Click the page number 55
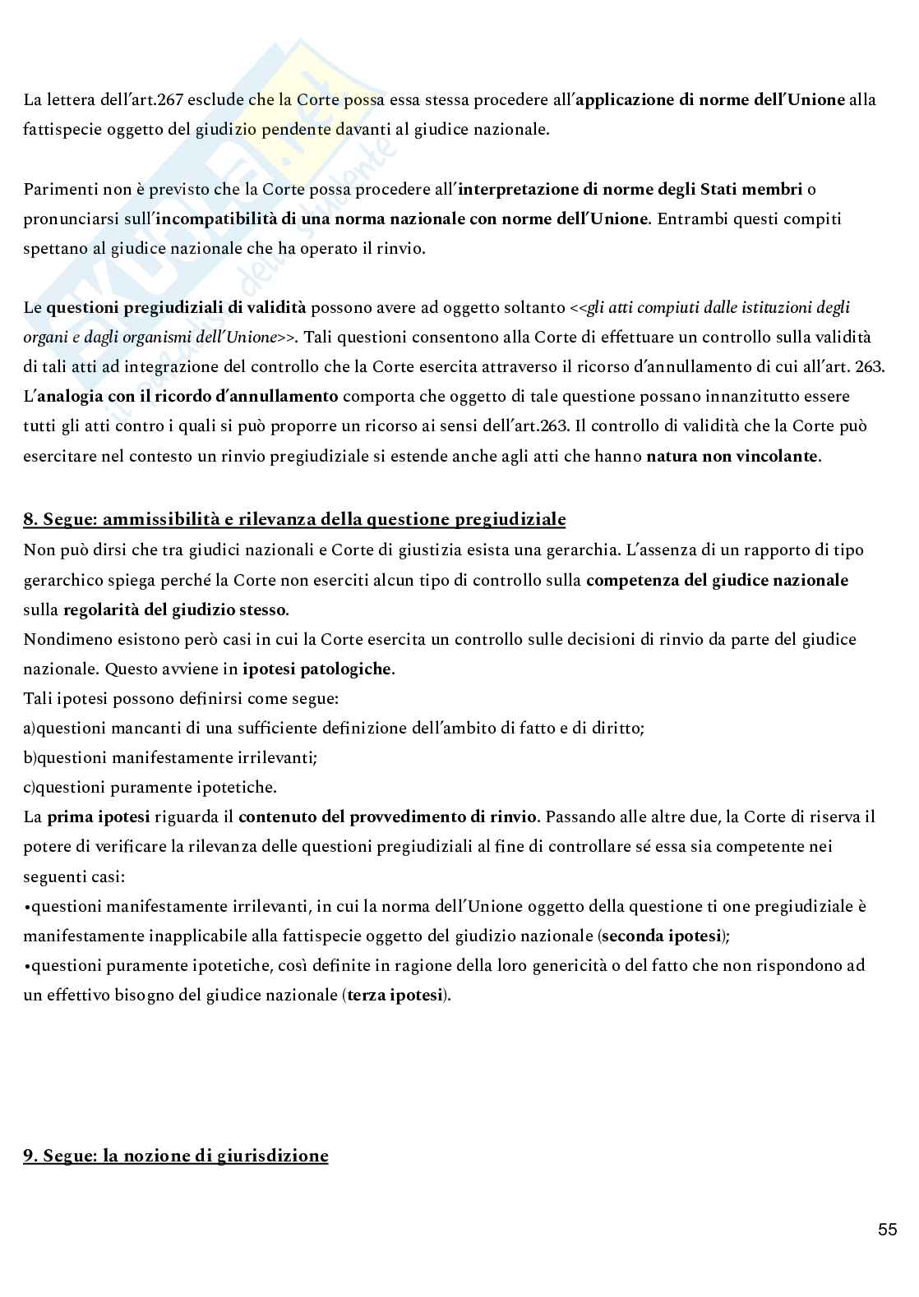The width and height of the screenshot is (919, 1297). (887, 1230)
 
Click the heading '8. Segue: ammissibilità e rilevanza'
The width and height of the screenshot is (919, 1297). (294, 519)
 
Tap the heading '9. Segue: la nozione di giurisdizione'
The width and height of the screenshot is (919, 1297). (176, 1156)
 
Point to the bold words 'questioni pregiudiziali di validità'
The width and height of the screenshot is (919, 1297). (176, 308)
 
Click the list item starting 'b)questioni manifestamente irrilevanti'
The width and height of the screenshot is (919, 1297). (170, 757)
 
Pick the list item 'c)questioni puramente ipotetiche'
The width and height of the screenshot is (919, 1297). (150, 787)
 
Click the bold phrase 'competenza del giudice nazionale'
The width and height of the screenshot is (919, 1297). (717, 580)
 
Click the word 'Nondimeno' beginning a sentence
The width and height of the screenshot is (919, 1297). (61, 639)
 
